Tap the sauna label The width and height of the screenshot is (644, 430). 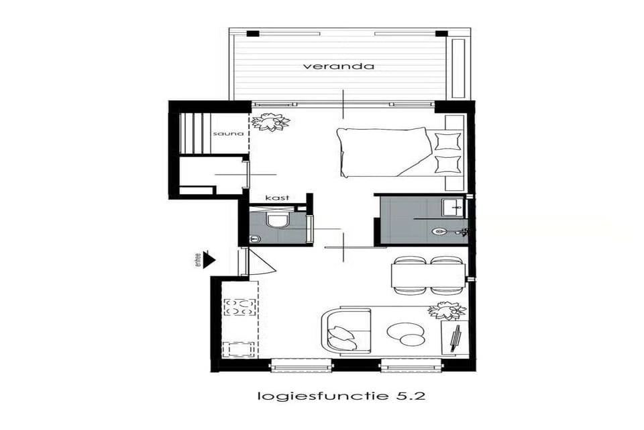pyautogui.click(x=223, y=134)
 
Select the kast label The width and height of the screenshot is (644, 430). pyautogui.click(x=276, y=198)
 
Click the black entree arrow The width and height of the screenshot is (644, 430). pyautogui.click(x=209, y=259)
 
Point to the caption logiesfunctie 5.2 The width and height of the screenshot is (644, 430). pyautogui.click(x=340, y=396)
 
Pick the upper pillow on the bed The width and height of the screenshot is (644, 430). pyautogui.click(x=447, y=140)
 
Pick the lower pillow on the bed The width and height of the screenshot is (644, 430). pyautogui.click(x=447, y=164)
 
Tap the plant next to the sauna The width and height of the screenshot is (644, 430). pyautogui.click(x=270, y=122)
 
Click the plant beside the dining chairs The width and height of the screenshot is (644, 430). pyautogui.click(x=446, y=310)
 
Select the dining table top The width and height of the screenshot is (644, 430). pyautogui.click(x=427, y=275)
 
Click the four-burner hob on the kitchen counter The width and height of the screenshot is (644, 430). pyautogui.click(x=239, y=307)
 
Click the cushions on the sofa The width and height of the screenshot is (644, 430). pyautogui.click(x=344, y=333)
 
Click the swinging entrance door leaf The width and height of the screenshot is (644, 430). pyautogui.click(x=262, y=262)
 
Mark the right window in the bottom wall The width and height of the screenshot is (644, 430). pyautogui.click(x=411, y=366)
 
